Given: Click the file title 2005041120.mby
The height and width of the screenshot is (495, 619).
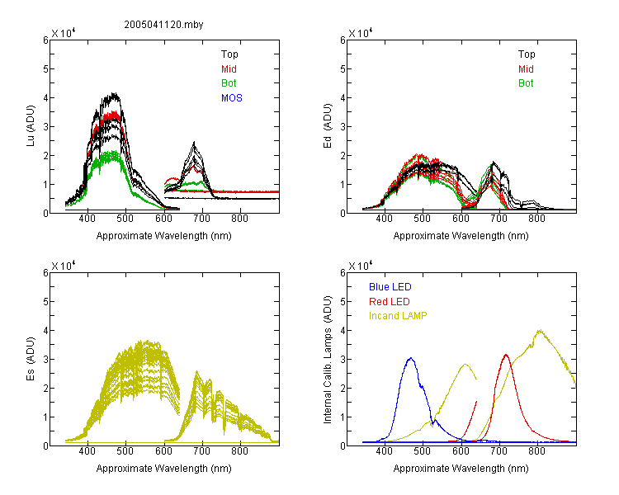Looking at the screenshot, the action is pos(163,25).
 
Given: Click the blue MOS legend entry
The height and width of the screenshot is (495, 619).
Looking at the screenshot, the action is pos(232,98).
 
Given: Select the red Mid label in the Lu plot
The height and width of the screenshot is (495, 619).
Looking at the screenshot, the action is pos(229,69).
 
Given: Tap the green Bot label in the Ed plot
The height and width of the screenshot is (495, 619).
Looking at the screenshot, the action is pos(526,83).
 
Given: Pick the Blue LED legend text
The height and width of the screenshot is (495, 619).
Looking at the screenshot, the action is pos(390,287).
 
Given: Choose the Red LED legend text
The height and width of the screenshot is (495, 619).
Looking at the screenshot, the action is pos(390,302).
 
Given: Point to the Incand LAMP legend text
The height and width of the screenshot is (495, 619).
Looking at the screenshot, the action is pos(398,316).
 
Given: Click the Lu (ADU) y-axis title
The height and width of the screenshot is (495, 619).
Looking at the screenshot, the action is pos(31,126).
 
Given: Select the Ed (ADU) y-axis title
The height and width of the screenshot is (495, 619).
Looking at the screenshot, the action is pos(328,126).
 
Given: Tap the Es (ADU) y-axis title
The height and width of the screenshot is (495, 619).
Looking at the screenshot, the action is pos(31,358).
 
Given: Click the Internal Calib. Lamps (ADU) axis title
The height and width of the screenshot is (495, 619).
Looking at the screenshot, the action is pos(328,360).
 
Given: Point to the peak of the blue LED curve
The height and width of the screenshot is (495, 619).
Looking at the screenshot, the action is pos(411,358).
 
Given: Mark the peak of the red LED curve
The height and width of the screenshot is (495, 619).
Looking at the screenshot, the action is pos(506,355).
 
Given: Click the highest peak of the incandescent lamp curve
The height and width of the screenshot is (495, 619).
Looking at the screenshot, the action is pos(539,330).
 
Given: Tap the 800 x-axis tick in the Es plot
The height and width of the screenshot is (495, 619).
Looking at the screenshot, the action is pos(239,451).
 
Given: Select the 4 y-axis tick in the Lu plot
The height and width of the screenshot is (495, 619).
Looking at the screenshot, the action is pos(45,97).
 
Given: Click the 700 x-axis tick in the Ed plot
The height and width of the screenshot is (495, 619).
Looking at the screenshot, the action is pos(499,219).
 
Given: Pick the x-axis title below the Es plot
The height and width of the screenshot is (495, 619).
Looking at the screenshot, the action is pos(164,469).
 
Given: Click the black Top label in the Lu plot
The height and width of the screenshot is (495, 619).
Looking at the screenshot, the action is pos(229,54).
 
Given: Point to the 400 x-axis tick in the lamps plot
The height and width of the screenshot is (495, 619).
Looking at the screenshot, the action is pos(384,451).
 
